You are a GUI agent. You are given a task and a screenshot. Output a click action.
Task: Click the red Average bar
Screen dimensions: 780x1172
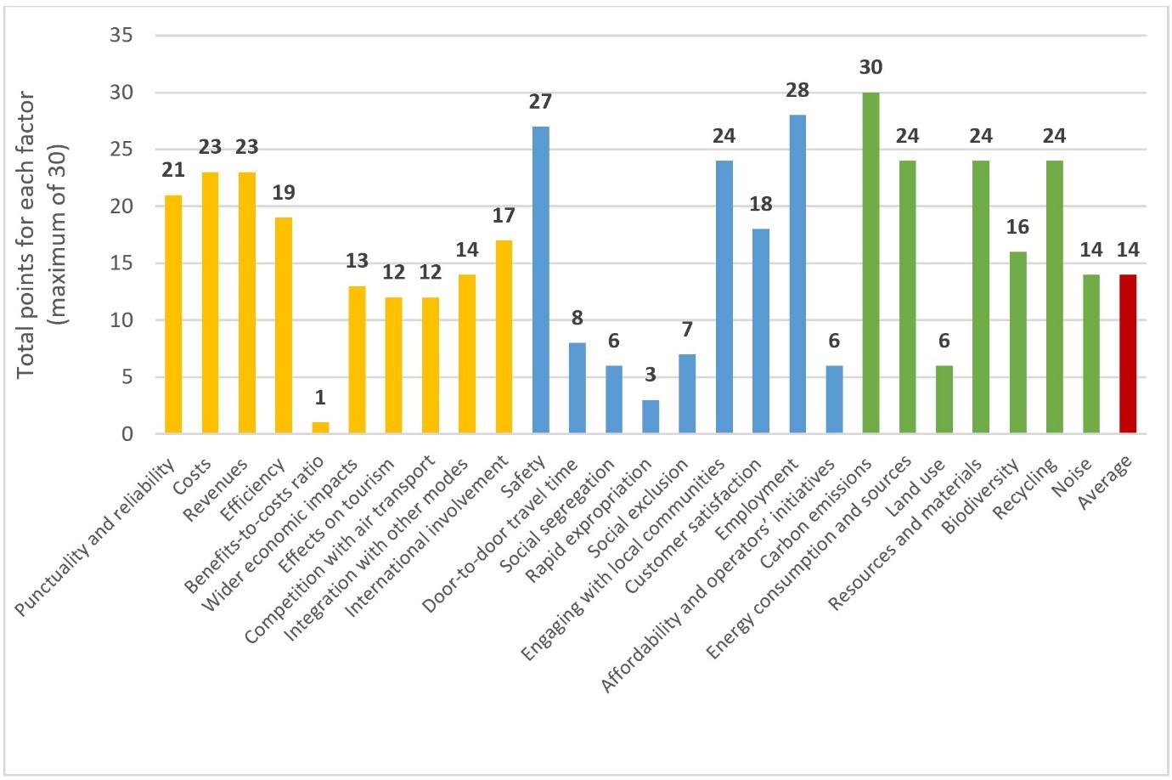(1128, 354)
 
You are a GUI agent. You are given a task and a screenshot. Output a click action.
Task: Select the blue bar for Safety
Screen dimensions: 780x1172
(540, 280)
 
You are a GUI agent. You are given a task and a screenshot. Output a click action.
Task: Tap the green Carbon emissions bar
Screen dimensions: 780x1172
(871, 263)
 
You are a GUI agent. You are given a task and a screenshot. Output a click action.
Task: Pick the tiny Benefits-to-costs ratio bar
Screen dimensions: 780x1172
(320, 428)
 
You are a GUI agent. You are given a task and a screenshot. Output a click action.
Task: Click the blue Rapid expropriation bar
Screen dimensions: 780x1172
(651, 417)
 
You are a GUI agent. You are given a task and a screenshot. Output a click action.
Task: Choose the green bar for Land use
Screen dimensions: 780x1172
(944, 400)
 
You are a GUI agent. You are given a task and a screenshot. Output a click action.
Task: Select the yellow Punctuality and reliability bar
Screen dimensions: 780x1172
(173, 314)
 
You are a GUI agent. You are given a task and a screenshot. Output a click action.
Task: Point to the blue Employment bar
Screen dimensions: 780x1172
(797, 274)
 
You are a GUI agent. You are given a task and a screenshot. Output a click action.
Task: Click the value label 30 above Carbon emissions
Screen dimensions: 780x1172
(871, 68)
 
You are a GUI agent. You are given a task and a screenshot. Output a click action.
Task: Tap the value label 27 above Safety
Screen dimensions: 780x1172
(540, 102)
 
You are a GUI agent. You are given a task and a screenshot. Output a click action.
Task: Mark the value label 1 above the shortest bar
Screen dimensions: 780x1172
(320, 398)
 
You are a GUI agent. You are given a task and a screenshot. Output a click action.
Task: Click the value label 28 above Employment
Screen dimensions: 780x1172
(797, 90)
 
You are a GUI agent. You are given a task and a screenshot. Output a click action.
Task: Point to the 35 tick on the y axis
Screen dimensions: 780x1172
(121, 36)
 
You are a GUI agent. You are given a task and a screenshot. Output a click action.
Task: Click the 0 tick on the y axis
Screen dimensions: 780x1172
(127, 434)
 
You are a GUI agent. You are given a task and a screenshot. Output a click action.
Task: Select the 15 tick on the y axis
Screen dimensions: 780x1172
(121, 263)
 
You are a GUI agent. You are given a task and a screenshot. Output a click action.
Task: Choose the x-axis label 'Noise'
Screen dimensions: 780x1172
(1073, 477)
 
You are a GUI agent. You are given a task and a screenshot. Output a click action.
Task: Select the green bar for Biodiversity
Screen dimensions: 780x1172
(1017, 343)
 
